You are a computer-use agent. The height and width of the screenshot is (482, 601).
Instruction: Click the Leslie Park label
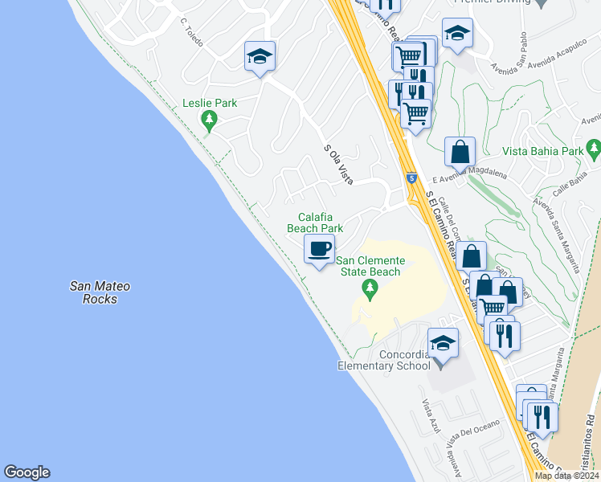coord(209,104)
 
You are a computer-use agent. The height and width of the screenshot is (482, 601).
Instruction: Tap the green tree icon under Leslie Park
coord(210,121)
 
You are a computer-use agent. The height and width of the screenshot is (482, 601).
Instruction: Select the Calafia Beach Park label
coord(316,223)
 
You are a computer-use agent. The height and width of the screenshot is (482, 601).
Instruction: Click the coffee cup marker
coord(319,249)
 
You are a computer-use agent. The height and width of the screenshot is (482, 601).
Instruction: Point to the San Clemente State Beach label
coord(368,266)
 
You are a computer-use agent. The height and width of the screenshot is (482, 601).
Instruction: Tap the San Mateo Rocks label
coord(100,292)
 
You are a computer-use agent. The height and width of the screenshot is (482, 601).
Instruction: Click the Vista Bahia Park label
coord(542,150)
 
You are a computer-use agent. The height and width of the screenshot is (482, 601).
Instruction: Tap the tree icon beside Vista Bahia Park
coord(594,148)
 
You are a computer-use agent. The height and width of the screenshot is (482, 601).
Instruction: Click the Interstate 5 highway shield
coord(411,178)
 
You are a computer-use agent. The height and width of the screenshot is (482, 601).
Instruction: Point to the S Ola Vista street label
coord(339,164)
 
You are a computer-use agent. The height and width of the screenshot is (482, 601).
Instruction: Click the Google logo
coord(27,472)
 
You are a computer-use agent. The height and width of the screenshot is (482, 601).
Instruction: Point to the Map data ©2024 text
coord(566,476)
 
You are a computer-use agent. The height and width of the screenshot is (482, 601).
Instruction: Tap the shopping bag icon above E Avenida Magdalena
coord(460,152)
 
